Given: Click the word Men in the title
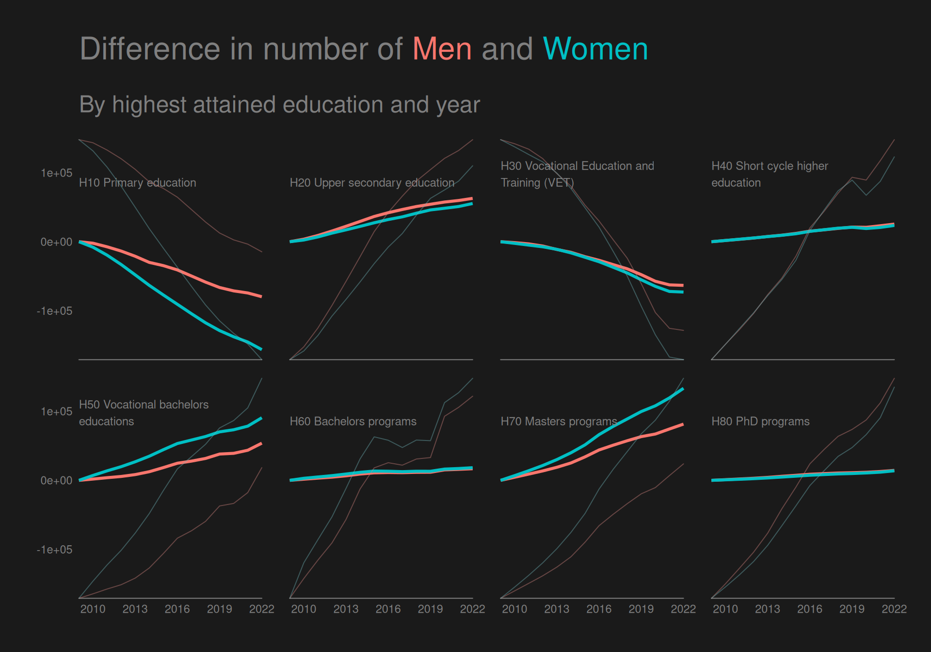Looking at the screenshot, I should pyautogui.click(x=442, y=49).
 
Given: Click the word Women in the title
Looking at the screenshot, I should pyautogui.click(x=595, y=49).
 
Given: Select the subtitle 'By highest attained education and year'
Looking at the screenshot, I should pyautogui.click(x=279, y=105).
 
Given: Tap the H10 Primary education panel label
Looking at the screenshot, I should pyautogui.click(x=138, y=183).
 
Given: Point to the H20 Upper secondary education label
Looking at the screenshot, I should pyautogui.click(x=372, y=183).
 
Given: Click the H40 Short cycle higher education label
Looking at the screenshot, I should pyautogui.click(x=769, y=174).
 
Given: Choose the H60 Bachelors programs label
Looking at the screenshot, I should pyautogui.click(x=353, y=422).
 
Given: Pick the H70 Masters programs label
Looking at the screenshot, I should pyautogui.click(x=559, y=422).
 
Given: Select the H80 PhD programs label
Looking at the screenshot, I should pyautogui.click(x=760, y=422).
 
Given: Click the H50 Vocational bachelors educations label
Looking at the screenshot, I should pyautogui.click(x=144, y=413).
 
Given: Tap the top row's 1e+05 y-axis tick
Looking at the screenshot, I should pyautogui.click(x=56, y=173).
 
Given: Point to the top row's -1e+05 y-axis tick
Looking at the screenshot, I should pyautogui.click(x=54, y=311).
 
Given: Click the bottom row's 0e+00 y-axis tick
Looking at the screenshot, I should pyautogui.click(x=56, y=481).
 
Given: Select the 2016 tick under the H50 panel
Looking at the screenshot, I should pyautogui.click(x=177, y=609).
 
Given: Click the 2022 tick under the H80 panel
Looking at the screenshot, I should pyautogui.click(x=894, y=609).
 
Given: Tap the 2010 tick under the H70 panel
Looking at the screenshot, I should pyautogui.click(x=514, y=609).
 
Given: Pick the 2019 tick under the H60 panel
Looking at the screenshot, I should pyautogui.click(x=430, y=609).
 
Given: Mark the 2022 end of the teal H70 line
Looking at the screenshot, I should pyautogui.click(x=683, y=389).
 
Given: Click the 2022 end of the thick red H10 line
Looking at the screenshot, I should pyautogui.click(x=261, y=296).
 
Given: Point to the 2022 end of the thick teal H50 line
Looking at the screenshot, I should pyautogui.click(x=261, y=418).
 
